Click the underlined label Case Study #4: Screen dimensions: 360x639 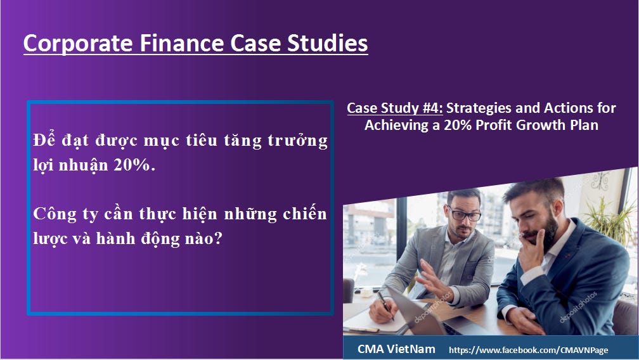(390, 108)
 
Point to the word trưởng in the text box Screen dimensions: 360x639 (301, 141)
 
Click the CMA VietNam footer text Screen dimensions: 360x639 (396, 349)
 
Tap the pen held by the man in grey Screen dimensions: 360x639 (383, 299)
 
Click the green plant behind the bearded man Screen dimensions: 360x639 (610, 215)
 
